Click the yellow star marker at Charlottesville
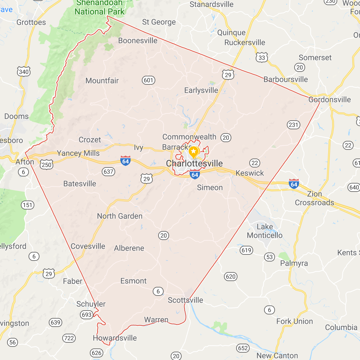point(193,151)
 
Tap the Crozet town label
point(90,140)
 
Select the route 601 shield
point(149,80)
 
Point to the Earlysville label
point(201,90)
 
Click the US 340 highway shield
point(24,72)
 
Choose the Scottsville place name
point(185,300)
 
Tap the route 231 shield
point(293,125)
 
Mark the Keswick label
point(250,173)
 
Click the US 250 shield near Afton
point(47,165)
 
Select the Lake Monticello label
point(265,231)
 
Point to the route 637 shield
point(108,172)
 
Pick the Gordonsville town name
point(330,100)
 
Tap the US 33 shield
point(262,58)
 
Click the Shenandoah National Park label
point(99,8)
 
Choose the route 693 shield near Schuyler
point(87,315)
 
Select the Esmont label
point(133,281)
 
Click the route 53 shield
point(270,257)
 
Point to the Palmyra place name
point(294,263)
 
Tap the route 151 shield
point(28,205)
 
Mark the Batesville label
point(80,184)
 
